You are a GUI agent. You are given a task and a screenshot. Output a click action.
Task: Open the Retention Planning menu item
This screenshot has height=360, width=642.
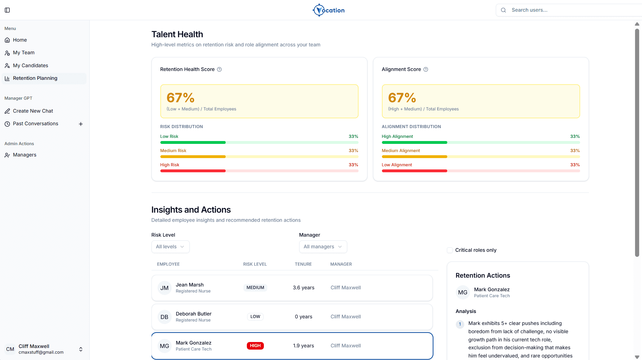coord(44,78)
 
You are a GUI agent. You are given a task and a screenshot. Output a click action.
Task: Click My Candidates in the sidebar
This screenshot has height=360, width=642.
coord(30,66)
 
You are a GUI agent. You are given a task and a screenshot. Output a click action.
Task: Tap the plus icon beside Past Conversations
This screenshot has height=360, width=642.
coord(81,124)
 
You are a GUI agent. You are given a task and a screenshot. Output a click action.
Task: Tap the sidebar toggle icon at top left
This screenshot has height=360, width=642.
coord(7,10)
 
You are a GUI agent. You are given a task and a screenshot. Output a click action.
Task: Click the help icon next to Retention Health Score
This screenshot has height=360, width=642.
coord(219,69)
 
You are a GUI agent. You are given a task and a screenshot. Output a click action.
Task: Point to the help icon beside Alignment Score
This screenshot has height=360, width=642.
coord(426,69)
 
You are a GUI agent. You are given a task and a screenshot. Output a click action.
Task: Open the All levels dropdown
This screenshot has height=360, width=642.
coord(170,247)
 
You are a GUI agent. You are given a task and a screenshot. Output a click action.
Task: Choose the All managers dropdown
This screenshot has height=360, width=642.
coord(323,247)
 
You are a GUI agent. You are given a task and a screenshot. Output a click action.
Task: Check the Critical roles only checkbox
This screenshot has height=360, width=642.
coord(450,250)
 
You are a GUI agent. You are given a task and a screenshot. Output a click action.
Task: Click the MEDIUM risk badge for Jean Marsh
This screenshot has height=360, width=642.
coord(255,288)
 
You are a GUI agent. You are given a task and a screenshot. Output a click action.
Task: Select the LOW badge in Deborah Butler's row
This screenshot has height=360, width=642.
coord(255,317)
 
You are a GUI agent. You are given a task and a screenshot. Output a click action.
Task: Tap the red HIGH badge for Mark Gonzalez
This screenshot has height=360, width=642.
coord(255,346)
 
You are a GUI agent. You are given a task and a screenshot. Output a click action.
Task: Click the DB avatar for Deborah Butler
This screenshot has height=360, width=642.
coord(164,317)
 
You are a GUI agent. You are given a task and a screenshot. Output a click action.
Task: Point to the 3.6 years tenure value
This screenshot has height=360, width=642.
coord(304,288)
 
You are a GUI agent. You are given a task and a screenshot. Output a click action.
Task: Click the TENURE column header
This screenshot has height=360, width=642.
coord(303,264)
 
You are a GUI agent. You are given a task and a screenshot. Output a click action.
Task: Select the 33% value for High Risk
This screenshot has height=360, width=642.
coord(354,165)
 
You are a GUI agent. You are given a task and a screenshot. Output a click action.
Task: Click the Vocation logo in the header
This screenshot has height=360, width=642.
coord(328,10)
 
